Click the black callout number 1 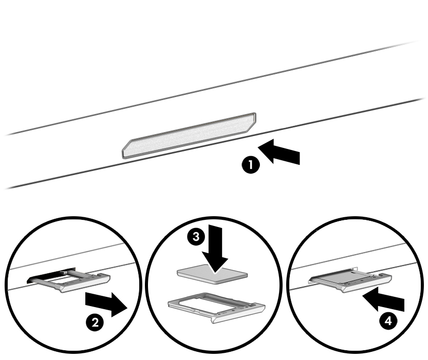tap(251, 165)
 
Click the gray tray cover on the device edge tap(189, 135)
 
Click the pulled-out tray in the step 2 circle tap(72, 282)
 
